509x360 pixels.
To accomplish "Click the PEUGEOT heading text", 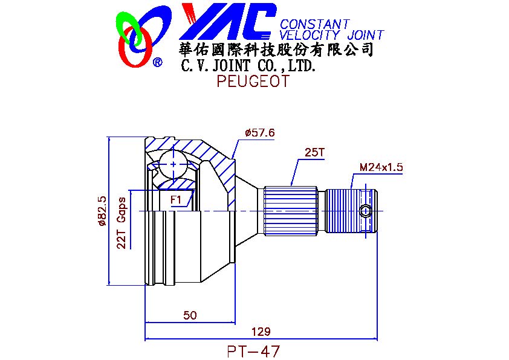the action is pyautogui.click(x=253, y=81).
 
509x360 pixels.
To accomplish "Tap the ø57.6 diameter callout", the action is pyautogui.click(x=260, y=133).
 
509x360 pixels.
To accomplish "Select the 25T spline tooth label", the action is pyautogui.click(x=314, y=152).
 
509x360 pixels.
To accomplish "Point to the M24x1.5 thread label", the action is pyautogui.click(x=381, y=167).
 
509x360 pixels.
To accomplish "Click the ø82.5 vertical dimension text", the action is pyautogui.click(x=102, y=211).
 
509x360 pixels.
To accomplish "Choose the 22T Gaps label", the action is pyautogui.click(x=122, y=223).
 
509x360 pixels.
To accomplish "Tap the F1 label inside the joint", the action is pyautogui.click(x=176, y=199).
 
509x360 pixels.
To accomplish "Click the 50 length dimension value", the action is pyautogui.click(x=190, y=315).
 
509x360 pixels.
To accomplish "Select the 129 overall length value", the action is pyautogui.click(x=261, y=332).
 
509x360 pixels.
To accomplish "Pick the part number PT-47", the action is pyautogui.click(x=253, y=352).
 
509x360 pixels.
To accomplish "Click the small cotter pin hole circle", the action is pyautogui.click(x=366, y=211).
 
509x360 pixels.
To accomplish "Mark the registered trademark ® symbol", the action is pyautogui.click(x=157, y=62).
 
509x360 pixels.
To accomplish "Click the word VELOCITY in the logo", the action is pyautogui.click(x=310, y=35).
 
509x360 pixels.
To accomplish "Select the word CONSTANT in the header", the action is pyautogui.click(x=315, y=24).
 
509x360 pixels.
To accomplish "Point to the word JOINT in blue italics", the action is pyautogui.click(x=366, y=35).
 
